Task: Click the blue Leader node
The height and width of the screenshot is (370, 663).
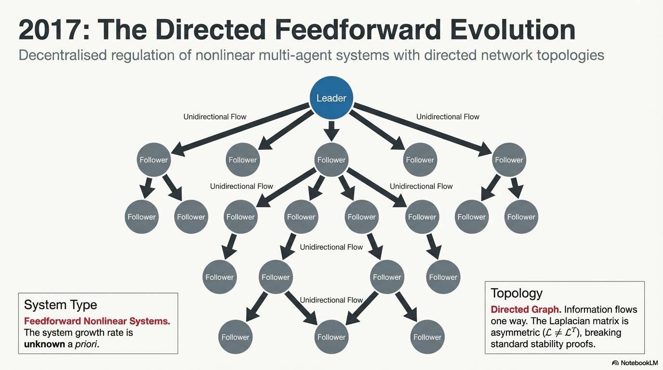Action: tap(331, 98)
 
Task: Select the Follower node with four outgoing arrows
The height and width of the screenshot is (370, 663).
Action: tap(331, 159)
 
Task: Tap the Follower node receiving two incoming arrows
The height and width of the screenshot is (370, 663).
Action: tap(331, 337)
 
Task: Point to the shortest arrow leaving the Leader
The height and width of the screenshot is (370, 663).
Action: tap(331, 130)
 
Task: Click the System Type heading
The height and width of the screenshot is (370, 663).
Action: tap(60, 304)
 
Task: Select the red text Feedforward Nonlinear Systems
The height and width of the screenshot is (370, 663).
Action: tap(97, 321)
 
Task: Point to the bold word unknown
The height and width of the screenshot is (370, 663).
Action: tap(44, 344)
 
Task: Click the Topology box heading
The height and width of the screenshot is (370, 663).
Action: tap(517, 293)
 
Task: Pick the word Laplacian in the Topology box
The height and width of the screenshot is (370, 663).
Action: tap(581, 321)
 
